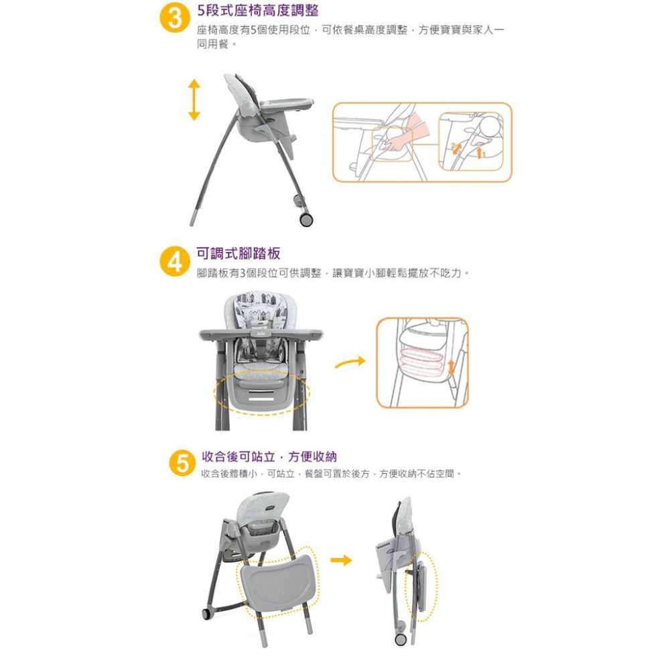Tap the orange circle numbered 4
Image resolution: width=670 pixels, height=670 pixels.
(x=175, y=261)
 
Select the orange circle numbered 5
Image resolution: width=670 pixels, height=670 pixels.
(x=182, y=464)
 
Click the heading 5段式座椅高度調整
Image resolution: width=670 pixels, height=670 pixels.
(x=258, y=10)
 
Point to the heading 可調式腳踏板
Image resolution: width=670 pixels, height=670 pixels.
(x=239, y=253)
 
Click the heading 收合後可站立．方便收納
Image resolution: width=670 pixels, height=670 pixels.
(x=269, y=456)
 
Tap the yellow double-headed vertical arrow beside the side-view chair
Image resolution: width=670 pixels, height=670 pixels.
(x=194, y=100)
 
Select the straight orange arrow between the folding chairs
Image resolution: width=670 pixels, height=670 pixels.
(x=341, y=560)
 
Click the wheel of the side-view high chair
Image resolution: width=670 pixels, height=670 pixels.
(x=306, y=219)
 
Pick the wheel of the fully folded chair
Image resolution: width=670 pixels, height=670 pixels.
(x=401, y=639)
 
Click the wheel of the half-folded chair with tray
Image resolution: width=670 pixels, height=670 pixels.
(x=206, y=614)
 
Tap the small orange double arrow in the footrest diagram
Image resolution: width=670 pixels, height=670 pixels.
(x=451, y=368)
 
